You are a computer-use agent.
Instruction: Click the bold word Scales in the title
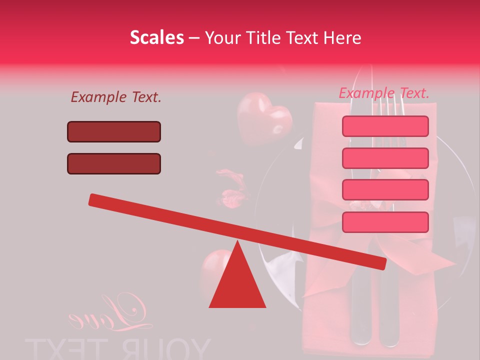click(156, 37)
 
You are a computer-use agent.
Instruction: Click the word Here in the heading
click(342, 38)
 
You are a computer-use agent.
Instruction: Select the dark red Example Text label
click(116, 97)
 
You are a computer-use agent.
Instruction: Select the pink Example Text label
click(384, 93)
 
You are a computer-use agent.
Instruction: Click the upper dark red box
click(114, 131)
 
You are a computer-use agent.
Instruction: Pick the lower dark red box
click(114, 163)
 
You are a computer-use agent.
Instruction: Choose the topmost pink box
click(385, 126)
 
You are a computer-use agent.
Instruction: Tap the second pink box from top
click(385, 158)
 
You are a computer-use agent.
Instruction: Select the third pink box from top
click(385, 189)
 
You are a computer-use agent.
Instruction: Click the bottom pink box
click(385, 222)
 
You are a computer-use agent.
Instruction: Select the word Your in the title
click(223, 38)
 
